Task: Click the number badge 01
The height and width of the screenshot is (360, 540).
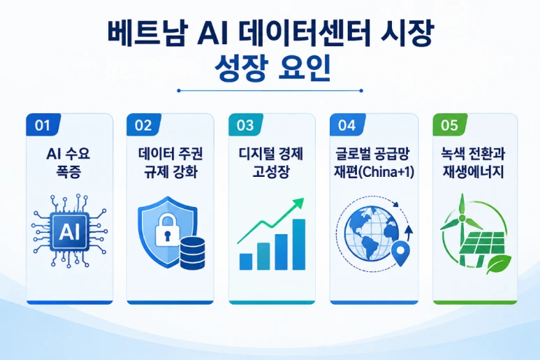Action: pyautogui.click(x=43, y=124)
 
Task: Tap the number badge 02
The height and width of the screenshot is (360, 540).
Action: pyautogui.click(x=144, y=124)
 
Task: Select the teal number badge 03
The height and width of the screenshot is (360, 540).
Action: pyautogui.click(x=245, y=124)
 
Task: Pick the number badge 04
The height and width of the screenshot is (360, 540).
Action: pyautogui.click(x=347, y=124)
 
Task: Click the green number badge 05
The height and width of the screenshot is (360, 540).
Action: pyautogui.click(x=450, y=124)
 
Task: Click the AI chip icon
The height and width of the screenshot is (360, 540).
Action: pyautogui.click(x=69, y=231)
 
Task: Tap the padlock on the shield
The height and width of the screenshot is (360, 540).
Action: pyautogui.click(x=168, y=230)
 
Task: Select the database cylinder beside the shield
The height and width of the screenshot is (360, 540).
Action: pyautogui.click(x=193, y=254)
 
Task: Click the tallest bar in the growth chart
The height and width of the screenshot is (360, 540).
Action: pyautogui.click(x=298, y=244)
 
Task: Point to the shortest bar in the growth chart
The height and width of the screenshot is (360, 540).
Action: pyautogui.click(x=246, y=261)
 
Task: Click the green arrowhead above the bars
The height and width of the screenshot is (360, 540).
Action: pyautogui.click(x=298, y=203)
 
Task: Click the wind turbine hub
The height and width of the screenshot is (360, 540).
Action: pyautogui.click(x=462, y=218)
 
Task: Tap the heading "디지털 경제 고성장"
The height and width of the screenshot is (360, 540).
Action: pyautogui.click(x=270, y=163)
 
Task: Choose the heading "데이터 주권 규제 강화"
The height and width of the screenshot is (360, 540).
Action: pyautogui.click(x=170, y=163)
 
